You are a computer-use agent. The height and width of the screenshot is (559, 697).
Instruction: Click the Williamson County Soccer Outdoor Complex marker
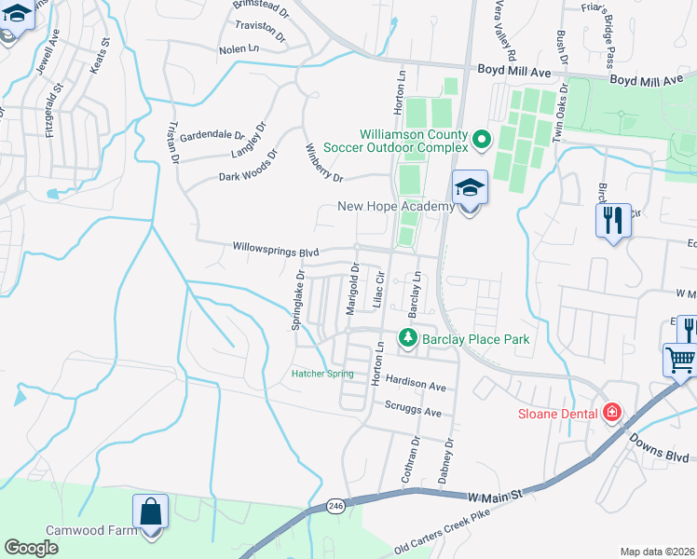coord(482,140)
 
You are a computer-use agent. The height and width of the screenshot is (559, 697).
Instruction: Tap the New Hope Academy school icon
coord(471,187)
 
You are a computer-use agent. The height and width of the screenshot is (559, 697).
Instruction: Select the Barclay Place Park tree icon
coord(407,336)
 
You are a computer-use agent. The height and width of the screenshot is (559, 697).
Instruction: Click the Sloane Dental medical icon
coord(612,411)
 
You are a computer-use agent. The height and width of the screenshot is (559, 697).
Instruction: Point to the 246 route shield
coord(336,506)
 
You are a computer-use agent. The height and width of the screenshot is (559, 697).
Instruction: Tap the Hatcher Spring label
coord(322,374)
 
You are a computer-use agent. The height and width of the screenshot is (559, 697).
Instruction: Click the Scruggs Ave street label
coord(413,409)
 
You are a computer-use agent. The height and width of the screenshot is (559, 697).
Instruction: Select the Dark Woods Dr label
coord(249,166)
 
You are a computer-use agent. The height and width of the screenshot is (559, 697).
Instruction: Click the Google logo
coord(32,548)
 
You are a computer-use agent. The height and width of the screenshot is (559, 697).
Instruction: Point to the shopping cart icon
coord(681,359)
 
